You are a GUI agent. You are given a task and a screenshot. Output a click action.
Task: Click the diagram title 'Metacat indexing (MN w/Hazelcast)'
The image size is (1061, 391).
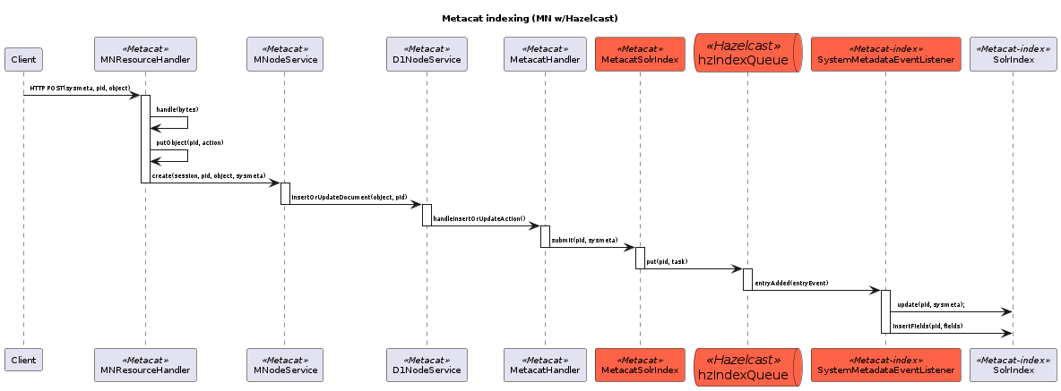530,18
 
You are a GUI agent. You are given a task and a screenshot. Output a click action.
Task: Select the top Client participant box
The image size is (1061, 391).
23,60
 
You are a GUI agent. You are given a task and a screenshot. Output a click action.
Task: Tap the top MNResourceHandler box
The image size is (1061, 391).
144,54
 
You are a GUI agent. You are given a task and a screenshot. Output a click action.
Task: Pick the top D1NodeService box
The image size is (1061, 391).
427,54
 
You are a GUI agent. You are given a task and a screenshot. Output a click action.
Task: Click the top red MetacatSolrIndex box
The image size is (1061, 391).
640,54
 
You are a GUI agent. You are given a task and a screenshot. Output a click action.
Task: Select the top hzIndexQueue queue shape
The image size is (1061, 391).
748,53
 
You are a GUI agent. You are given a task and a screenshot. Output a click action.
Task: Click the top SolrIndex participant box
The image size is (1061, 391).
1013,54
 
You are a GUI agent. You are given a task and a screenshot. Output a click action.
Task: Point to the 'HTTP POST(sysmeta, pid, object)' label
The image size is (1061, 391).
80,89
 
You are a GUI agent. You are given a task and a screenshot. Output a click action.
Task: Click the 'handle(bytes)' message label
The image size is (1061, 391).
177,109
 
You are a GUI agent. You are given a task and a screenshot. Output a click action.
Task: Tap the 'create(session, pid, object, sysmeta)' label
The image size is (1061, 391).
208,176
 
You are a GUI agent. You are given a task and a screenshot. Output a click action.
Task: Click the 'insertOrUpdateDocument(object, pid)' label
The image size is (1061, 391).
349,197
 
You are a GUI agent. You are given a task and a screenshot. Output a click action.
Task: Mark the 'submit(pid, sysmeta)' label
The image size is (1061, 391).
584,240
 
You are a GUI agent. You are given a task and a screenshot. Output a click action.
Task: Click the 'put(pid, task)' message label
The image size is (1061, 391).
667,261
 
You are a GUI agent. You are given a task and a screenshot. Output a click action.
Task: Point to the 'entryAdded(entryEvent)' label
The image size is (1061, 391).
791,283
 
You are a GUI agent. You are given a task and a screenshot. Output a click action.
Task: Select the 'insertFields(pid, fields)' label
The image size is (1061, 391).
927,326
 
